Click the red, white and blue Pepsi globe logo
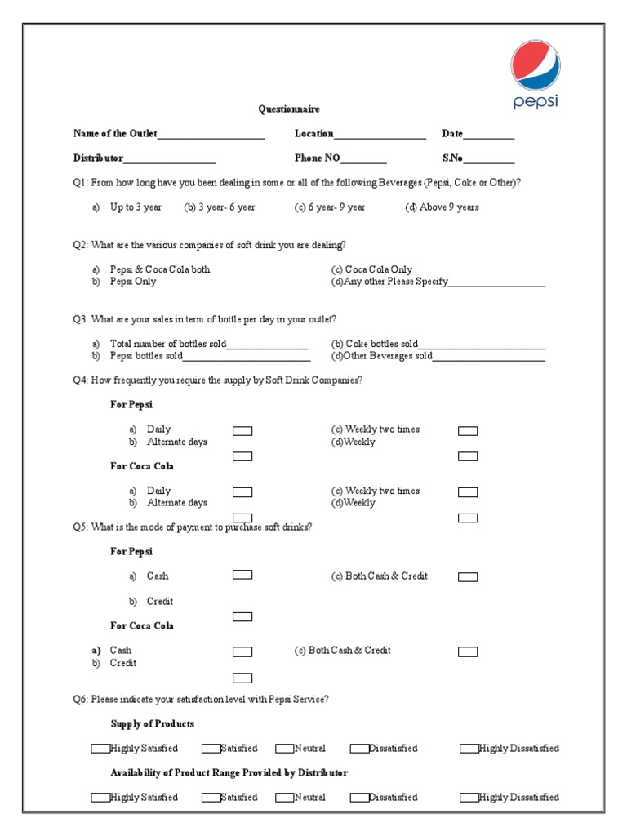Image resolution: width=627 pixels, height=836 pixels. pyautogui.click(x=536, y=65)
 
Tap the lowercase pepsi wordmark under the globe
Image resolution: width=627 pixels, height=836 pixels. pyautogui.click(x=536, y=102)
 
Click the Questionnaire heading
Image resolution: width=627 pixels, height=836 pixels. pyautogui.click(x=289, y=109)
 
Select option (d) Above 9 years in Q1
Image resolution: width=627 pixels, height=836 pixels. pyautogui.click(x=442, y=207)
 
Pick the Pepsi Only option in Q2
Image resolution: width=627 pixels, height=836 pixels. pyautogui.click(x=133, y=282)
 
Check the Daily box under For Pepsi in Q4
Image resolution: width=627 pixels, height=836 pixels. pyautogui.click(x=242, y=431)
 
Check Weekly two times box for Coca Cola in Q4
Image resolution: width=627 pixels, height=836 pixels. pyautogui.click(x=468, y=492)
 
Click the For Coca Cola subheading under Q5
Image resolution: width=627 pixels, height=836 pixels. pyautogui.click(x=142, y=626)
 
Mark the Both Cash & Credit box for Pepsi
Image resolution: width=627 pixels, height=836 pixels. pyautogui.click(x=468, y=577)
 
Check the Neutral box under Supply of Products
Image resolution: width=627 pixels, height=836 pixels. pyautogui.click(x=284, y=749)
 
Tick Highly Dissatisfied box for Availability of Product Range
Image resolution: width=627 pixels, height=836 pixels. pyautogui.click(x=469, y=798)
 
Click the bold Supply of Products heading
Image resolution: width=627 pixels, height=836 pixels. pyautogui.click(x=153, y=724)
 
